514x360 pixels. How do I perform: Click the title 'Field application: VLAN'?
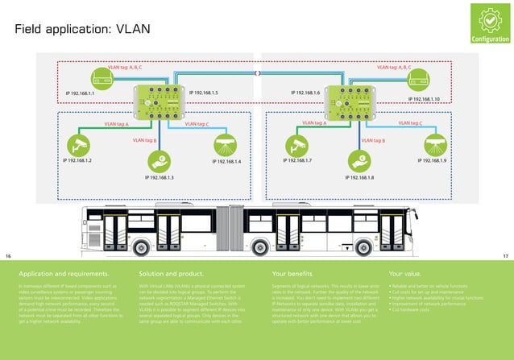coord(82,29)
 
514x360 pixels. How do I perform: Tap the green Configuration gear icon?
coord(490,19)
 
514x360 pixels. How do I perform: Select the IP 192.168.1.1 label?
coord(80,94)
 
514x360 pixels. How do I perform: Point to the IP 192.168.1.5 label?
coord(203,93)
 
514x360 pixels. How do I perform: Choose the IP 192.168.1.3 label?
coord(160,176)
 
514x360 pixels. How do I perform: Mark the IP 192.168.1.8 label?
coord(359,176)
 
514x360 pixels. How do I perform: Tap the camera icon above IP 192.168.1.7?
coord(296,144)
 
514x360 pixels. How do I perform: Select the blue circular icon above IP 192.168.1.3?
coord(160,159)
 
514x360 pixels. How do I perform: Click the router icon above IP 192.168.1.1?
coord(102,78)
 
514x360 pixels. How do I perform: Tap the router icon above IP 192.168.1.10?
coord(417,78)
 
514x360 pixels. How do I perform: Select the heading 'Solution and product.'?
coord(176,274)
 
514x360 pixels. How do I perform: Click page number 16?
coord(9,255)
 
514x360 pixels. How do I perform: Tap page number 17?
coord(505,255)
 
